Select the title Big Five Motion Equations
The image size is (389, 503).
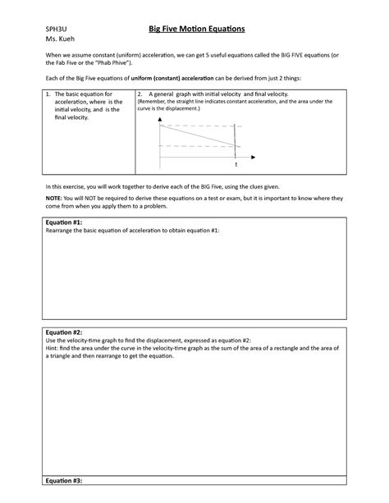pos(191,29)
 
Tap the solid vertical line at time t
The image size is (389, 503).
pos(236,139)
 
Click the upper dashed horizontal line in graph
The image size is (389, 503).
pos(197,126)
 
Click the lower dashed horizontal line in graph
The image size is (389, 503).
pos(197,146)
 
